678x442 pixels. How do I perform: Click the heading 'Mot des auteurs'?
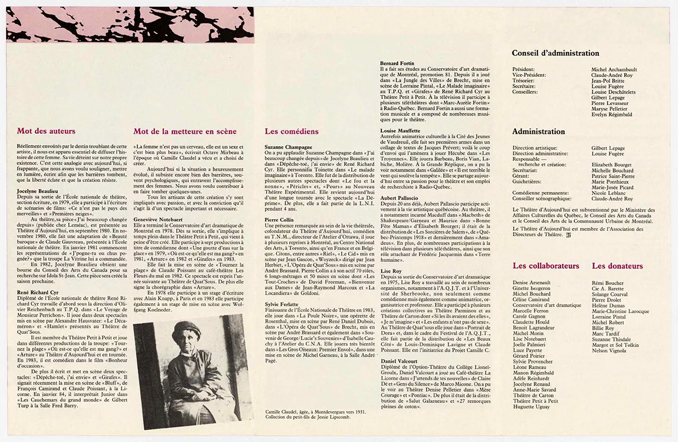[x=46, y=131]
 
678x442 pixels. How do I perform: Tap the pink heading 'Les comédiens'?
[x=291, y=131]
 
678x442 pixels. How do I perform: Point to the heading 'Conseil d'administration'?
[x=555, y=53]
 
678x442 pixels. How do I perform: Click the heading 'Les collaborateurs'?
[x=546, y=265]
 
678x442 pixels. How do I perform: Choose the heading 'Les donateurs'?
[x=617, y=265]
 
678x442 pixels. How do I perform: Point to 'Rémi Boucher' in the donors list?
[x=607, y=283]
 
